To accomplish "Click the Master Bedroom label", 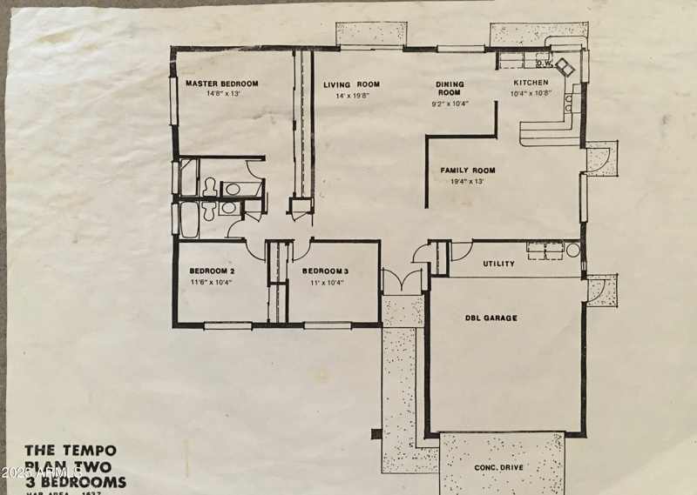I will pyautogui.click(x=221, y=84).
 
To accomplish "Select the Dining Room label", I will pyautogui.click(x=450, y=88).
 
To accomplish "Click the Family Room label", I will pyautogui.click(x=467, y=171).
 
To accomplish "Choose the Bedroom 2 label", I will pyautogui.click(x=213, y=271).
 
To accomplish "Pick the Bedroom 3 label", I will pyautogui.click(x=326, y=271).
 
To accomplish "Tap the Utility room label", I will pyautogui.click(x=498, y=264).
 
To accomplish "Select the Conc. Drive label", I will pyautogui.click(x=498, y=467).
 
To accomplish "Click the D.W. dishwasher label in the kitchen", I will pyautogui.click(x=544, y=64).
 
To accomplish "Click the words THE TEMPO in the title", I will pyautogui.click(x=69, y=451).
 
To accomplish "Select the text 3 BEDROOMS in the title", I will pyautogui.click(x=76, y=482).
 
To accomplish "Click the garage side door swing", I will pyautogui.click(x=599, y=291).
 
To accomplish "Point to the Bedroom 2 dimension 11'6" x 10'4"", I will pyautogui.click(x=213, y=282).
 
